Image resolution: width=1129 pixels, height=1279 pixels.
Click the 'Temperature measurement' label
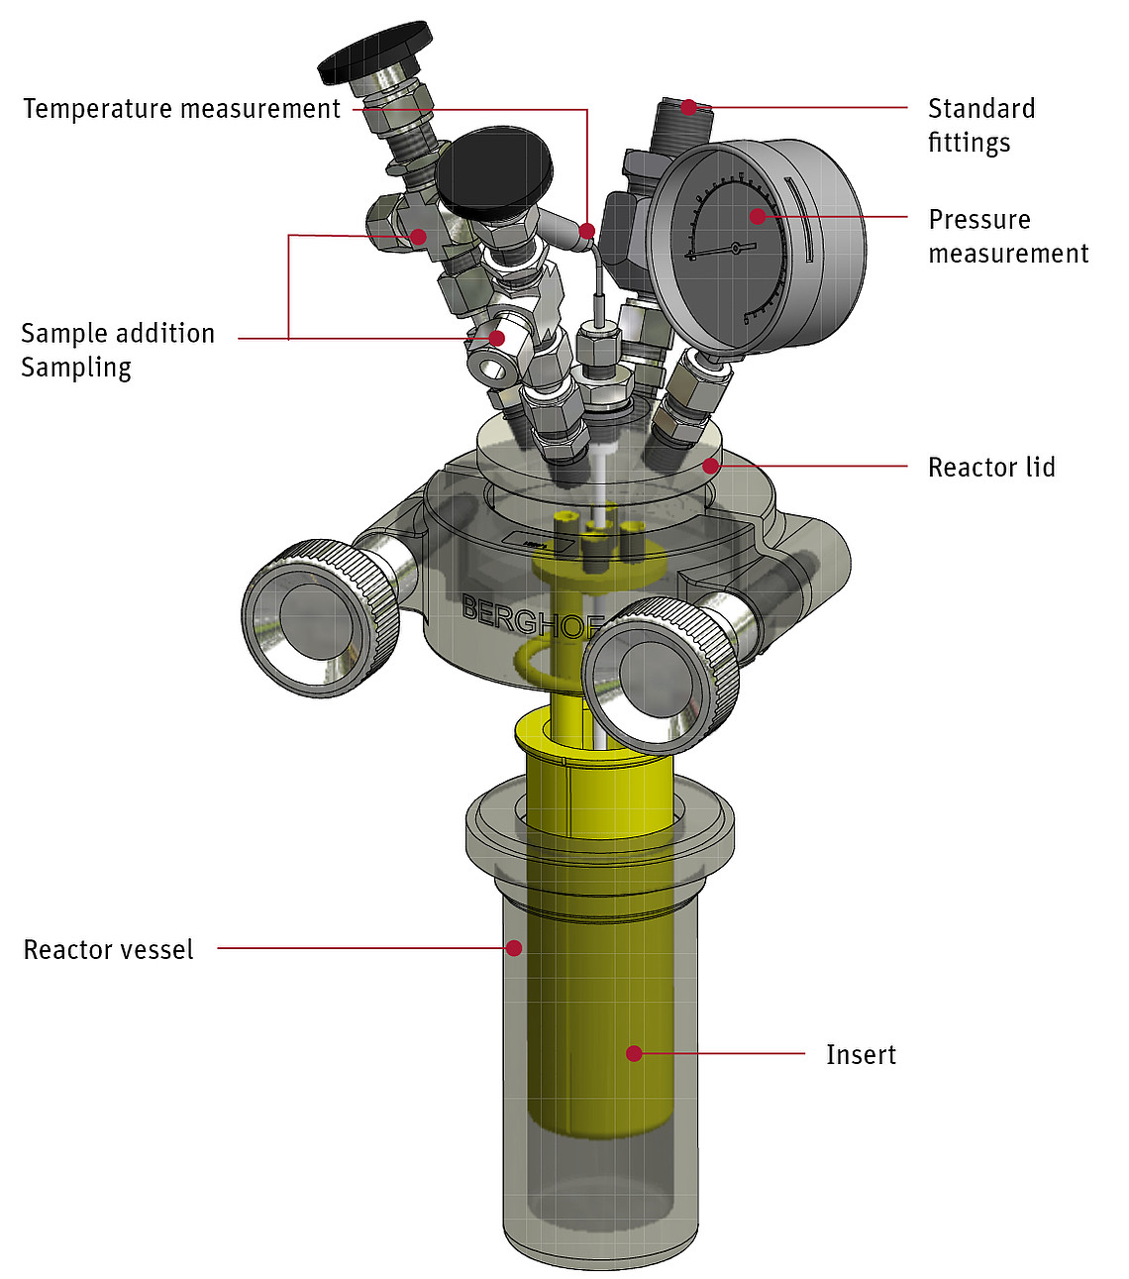coord(182,109)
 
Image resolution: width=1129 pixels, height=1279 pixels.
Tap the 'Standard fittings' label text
coord(981,125)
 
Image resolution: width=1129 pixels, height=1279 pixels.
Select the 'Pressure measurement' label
coord(1008,236)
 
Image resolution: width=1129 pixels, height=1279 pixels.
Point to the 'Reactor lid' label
coord(991,468)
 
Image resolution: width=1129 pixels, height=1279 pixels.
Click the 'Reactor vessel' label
coord(108,949)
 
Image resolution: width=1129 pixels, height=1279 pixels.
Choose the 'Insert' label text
coord(861,1054)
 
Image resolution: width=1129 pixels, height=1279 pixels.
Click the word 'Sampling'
coord(76,368)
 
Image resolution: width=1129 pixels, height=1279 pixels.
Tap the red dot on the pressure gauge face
coord(758,217)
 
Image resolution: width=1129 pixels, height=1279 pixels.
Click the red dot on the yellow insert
coord(634,1053)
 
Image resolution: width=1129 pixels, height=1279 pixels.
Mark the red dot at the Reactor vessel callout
coord(514,947)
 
